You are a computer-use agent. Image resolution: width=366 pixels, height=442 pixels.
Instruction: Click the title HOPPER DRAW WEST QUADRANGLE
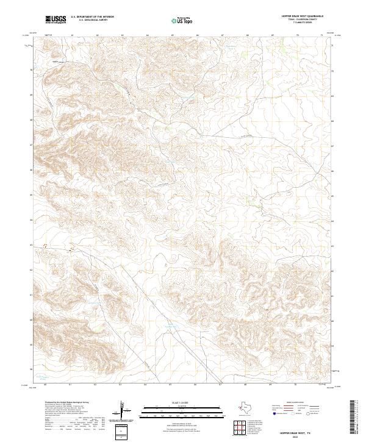point(303,16)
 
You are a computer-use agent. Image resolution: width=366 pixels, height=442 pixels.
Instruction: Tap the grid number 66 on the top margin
point(198,35)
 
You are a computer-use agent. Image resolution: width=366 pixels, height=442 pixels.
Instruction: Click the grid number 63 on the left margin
point(31,244)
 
